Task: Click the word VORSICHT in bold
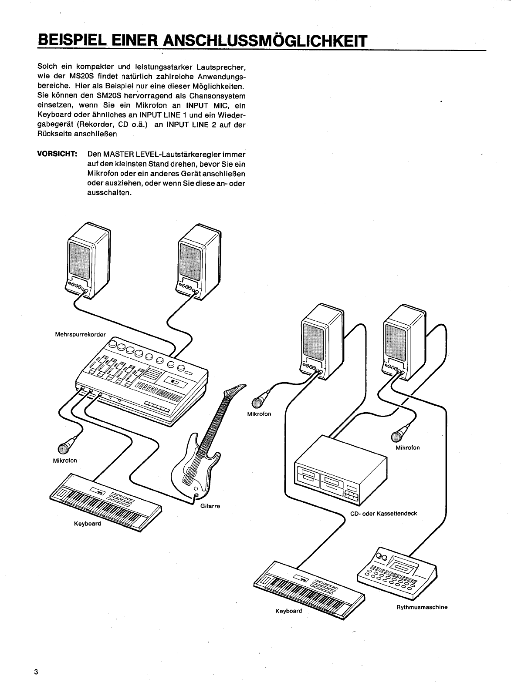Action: (58, 155)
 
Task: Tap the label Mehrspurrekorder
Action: (80, 335)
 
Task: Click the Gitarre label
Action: (210, 506)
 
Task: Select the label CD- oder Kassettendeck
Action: (383, 514)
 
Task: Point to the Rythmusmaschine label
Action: (422, 607)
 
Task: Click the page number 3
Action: (37, 672)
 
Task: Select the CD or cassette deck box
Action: (340, 470)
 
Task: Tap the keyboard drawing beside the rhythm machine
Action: (309, 585)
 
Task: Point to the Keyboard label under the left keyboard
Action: (87, 523)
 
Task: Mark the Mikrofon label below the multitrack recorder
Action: (64, 461)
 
